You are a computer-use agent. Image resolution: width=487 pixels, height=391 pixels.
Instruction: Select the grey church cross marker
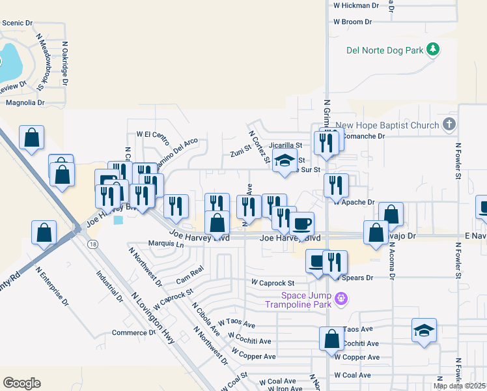click(x=449, y=124)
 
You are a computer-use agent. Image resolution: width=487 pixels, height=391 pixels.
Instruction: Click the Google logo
click(x=21, y=383)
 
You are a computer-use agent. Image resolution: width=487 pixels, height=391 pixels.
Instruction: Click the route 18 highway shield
click(x=93, y=244)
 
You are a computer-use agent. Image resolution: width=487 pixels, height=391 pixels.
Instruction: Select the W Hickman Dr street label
click(x=355, y=5)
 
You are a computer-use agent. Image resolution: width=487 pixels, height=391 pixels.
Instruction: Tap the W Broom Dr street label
click(x=352, y=22)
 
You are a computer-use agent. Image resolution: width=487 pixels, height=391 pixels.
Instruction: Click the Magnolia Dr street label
click(x=25, y=103)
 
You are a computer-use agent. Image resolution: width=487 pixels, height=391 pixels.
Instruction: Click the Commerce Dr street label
click(x=133, y=332)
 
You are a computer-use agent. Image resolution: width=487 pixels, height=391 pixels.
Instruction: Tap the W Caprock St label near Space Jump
click(x=273, y=283)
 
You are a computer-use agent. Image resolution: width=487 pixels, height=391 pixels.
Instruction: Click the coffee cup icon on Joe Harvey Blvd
click(x=301, y=224)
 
